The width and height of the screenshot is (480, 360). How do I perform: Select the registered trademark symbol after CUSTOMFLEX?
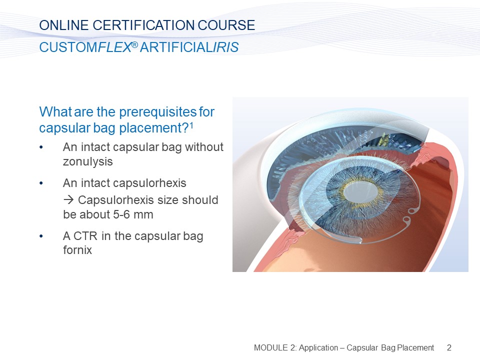point(134,45)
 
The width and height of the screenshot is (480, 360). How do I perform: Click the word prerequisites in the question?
point(158,112)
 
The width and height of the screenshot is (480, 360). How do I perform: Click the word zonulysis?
point(88,161)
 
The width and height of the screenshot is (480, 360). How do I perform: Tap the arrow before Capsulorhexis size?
point(68,200)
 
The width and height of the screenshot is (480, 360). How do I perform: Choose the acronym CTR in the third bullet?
point(85,236)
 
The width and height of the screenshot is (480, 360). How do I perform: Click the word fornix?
point(77,250)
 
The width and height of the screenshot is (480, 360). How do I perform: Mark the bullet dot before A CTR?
point(41,236)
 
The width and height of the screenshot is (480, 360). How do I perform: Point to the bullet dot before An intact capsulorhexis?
point(41,183)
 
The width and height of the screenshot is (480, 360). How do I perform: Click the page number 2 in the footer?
point(449,348)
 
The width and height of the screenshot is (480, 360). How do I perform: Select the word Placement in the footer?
point(415,348)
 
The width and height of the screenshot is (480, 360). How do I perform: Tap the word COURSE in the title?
point(226,25)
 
